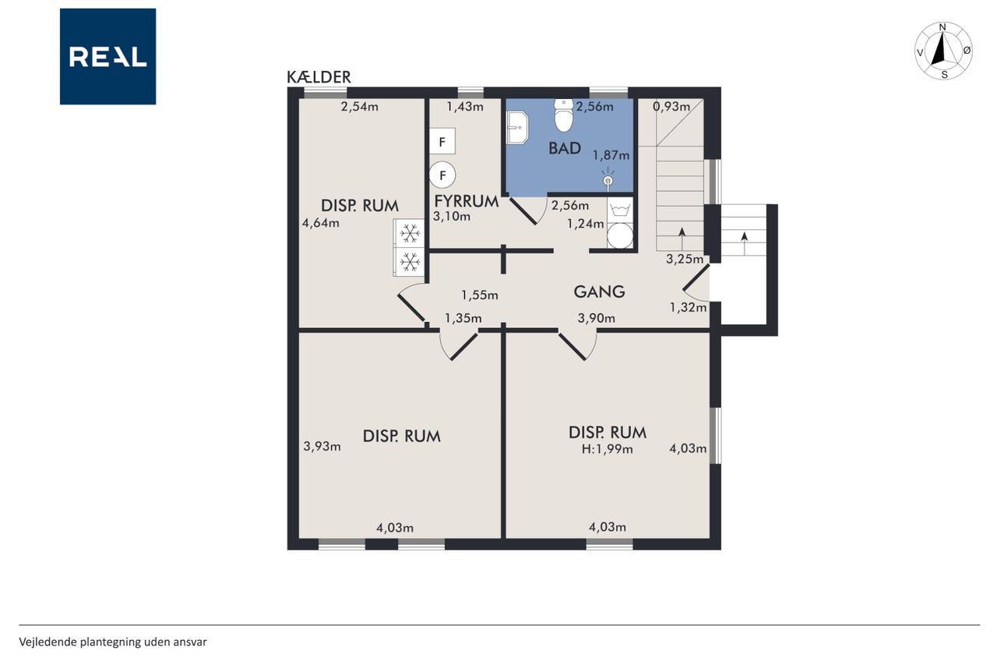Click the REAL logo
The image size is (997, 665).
pyautogui.click(x=107, y=57)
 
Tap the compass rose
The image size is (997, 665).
pyautogui.click(x=942, y=51)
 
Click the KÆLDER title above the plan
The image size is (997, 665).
pyautogui.click(x=319, y=77)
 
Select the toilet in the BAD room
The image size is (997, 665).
pyautogui.click(x=563, y=115)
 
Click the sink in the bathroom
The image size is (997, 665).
pyautogui.click(x=517, y=128)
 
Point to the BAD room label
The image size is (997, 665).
pyautogui.click(x=565, y=148)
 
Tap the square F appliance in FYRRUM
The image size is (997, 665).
pyautogui.click(x=442, y=141)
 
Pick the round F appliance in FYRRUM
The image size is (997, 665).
pyautogui.click(x=442, y=175)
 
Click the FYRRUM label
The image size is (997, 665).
pyautogui.click(x=466, y=201)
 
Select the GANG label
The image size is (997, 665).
pyautogui.click(x=599, y=292)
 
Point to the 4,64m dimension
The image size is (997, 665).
pyautogui.click(x=320, y=223)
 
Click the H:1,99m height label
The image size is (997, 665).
pyautogui.click(x=607, y=449)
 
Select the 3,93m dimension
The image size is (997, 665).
pyautogui.click(x=322, y=446)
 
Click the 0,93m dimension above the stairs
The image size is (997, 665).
pyautogui.click(x=671, y=107)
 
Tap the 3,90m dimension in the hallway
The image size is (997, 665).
pyautogui.click(x=597, y=318)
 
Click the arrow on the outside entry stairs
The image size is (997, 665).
pyautogui.click(x=744, y=243)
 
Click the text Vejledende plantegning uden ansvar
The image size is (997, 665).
pyautogui.click(x=113, y=642)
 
